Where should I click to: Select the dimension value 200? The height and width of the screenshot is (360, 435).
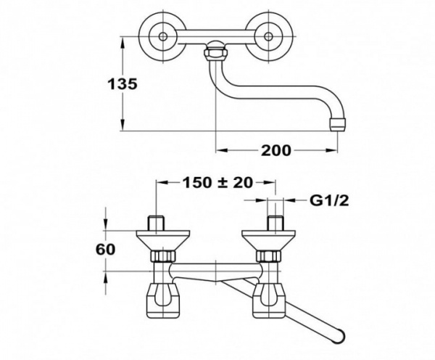pyautogui.click(x=275, y=150)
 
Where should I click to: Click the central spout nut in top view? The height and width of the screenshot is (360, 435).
pyautogui.click(x=217, y=53)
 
